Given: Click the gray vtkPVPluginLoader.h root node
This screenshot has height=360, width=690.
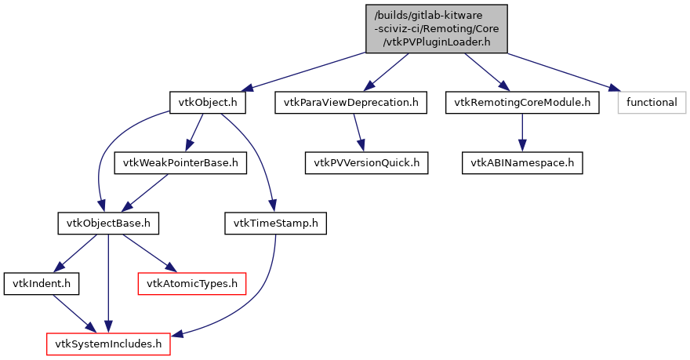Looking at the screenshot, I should tap(436, 29).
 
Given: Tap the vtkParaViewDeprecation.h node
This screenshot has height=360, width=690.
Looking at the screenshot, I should tap(350, 103).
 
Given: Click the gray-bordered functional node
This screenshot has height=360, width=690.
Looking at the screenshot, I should tap(651, 103).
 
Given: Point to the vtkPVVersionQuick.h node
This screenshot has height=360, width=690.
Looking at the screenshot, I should tap(366, 163).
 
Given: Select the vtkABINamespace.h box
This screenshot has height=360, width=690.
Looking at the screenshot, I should tap(521, 163).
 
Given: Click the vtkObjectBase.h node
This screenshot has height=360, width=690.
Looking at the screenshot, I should tap(108, 224).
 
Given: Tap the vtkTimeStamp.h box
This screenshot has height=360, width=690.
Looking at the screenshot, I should tap(275, 224).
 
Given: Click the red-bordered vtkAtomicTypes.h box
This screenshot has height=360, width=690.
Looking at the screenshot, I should tap(192, 283).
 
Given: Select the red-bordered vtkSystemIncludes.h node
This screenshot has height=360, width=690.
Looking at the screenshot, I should tap(108, 344).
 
